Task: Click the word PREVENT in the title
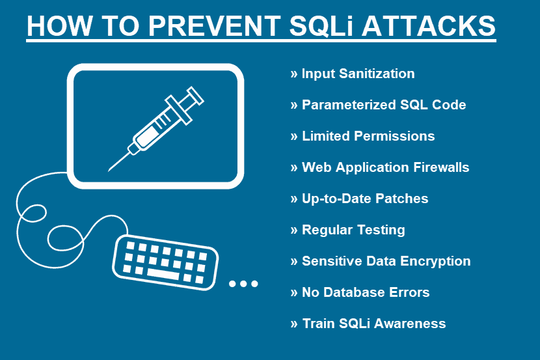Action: (214, 26)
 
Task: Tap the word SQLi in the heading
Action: (321, 26)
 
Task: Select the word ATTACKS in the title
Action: (428, 26)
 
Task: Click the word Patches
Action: (401, 199)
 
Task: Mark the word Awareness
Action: (410, 324)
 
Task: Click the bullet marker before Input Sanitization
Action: (294, 74)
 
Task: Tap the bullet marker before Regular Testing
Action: (294, 230)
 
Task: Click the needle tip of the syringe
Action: (109, 170)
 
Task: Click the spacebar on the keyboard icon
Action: (163, 273)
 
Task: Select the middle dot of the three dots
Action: (243, 284)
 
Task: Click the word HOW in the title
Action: (60, 26)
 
